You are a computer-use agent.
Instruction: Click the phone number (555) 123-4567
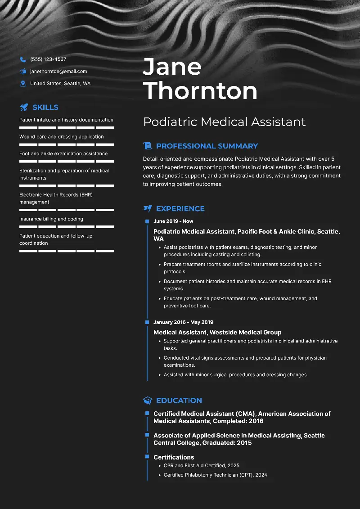click(48, 59)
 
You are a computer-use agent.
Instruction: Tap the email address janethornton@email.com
click(58, 72)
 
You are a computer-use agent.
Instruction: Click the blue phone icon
click(23, 59)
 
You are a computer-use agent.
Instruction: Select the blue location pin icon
click(23, 84)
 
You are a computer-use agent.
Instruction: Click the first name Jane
click(172, 67)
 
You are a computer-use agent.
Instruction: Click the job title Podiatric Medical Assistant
click(224, 122)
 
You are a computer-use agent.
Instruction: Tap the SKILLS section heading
click(45, 108)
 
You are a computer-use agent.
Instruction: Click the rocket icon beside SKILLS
click(24, 108)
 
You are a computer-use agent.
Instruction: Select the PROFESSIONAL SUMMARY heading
click(207, 146)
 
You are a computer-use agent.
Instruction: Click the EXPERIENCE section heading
click(180, 209)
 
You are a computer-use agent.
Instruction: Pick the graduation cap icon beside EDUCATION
click(147, 401)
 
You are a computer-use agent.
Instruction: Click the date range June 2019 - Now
click(173, 221)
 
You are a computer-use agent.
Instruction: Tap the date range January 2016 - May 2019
click(183, 322)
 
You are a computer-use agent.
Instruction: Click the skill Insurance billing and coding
click(51, 219)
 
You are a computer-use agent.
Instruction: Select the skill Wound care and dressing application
click(61, 137)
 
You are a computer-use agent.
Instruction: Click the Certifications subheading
click(174, 457)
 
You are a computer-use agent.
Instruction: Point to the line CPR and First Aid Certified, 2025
click(202, 466)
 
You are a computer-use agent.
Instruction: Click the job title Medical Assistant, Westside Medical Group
click(217, 333)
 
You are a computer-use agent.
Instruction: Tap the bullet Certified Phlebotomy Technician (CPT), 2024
click(215, 475)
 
